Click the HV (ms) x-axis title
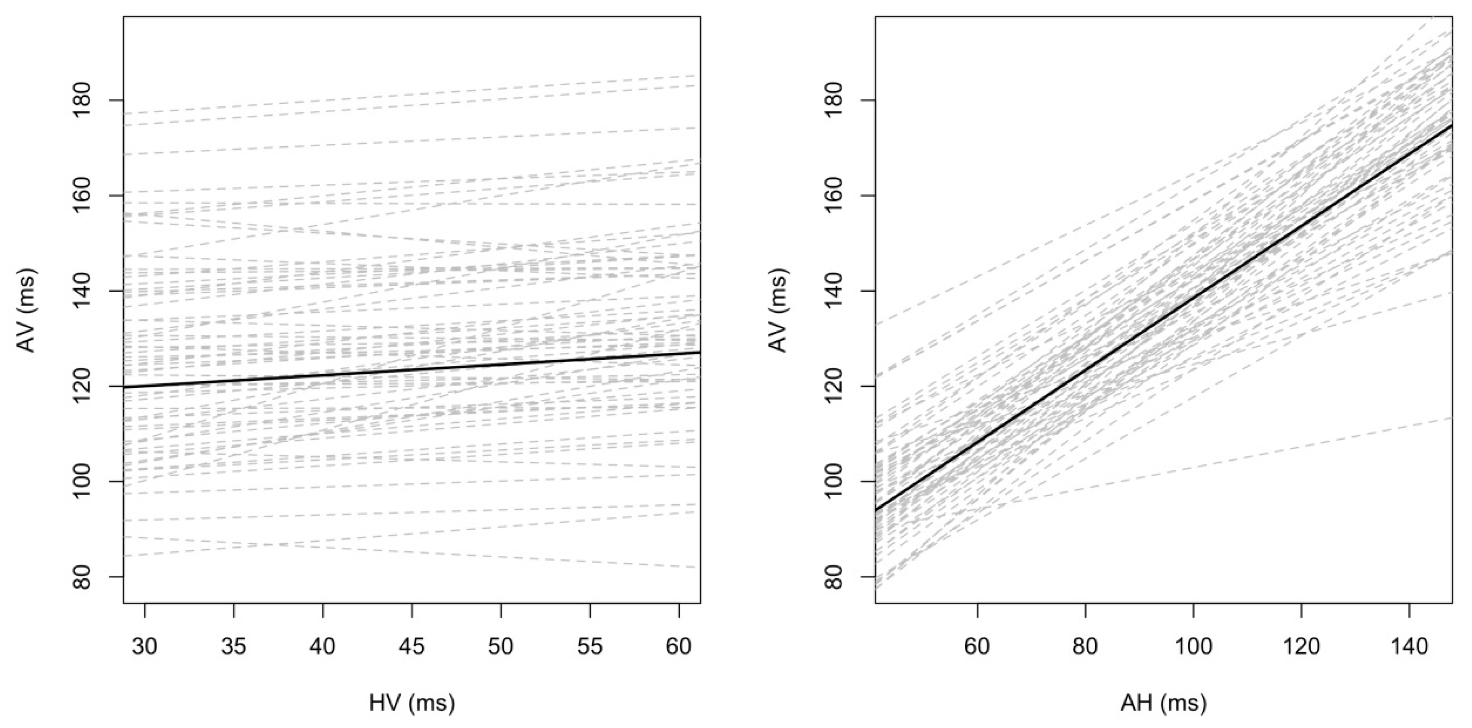click(x=412, y=703)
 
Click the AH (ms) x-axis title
click(x=1163, y=703)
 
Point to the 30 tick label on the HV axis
click(x=145, y=647)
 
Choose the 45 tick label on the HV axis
click(x=412, y=647)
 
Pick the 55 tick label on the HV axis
click(x=590, y=647)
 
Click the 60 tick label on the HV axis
click(x=679, y=647)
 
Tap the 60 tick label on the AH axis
click(x=977, y=647)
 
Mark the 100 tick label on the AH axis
click(x=1193, y=647)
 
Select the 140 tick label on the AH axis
click(x=1409, y=647)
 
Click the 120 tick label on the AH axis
click(x=1301, y=647)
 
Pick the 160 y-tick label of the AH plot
click(x=836, y=196)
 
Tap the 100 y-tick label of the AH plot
click(x=836, y=481)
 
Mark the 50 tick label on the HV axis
click(x=501, y=647)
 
